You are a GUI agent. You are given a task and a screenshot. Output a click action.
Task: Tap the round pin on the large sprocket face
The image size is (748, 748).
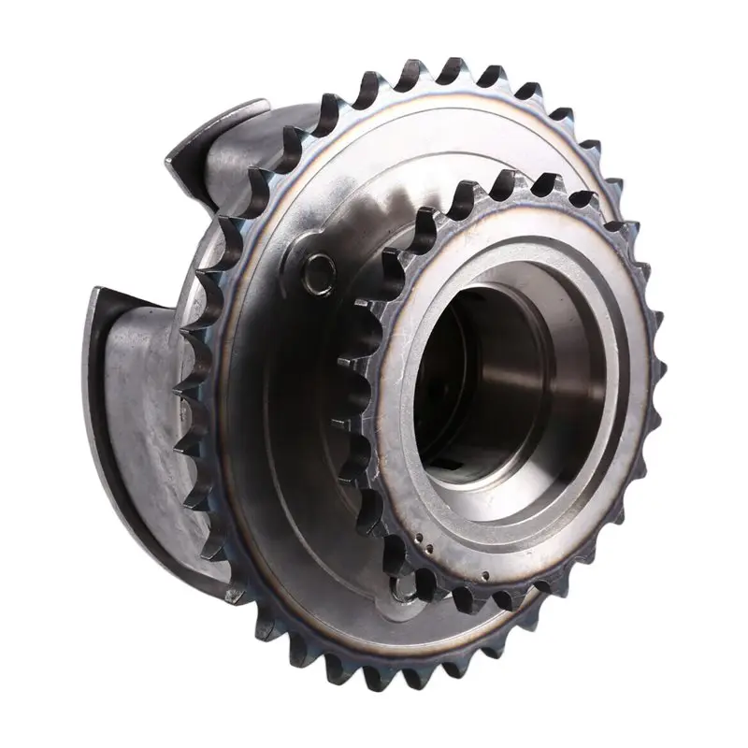(317, 267)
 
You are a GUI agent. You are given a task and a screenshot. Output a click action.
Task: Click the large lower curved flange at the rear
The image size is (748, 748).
(140, 421)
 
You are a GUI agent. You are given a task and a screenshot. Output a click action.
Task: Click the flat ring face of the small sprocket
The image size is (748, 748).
(598, 467)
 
